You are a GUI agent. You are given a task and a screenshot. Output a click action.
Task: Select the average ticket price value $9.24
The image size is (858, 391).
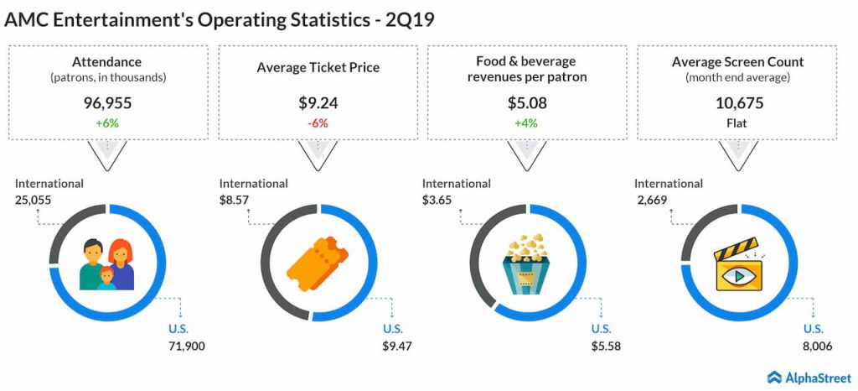(318, 105)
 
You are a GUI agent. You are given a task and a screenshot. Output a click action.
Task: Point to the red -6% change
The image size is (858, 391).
(318, 123)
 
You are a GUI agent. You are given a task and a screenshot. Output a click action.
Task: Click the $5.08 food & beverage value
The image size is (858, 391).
(527, 105)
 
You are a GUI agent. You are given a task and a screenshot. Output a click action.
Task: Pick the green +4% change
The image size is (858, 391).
(527, 123)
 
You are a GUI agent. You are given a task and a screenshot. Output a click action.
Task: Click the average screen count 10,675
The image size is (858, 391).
(737, 105)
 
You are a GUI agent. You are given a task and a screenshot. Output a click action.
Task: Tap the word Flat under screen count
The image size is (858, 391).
(737, 123)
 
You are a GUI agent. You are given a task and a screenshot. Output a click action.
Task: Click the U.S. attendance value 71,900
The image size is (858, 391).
(186, 346)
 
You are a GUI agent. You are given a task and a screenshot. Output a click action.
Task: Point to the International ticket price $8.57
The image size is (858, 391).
(235, 199)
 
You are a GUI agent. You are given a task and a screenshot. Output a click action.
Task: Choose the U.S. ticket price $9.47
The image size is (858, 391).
(397, 346)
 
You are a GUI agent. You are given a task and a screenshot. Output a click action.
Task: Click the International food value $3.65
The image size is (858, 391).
(438, 199)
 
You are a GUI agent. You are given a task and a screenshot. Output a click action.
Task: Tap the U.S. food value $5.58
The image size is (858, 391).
(605, 346)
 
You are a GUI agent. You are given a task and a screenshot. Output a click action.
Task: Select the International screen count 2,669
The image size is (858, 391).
(650, 199)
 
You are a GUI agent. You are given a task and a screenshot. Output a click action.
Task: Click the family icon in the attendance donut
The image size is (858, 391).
(107, 263)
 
